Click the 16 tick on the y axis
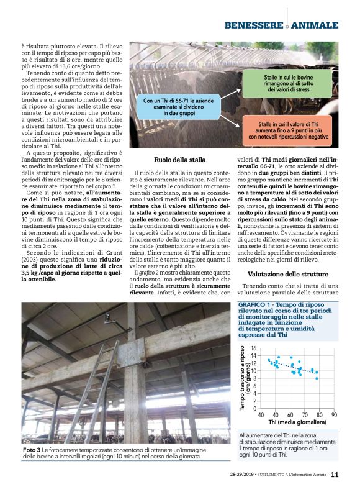(253, 349)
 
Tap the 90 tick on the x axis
(334, 415)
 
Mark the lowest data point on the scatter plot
(317, 378)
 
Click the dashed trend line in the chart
(292, 367)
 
